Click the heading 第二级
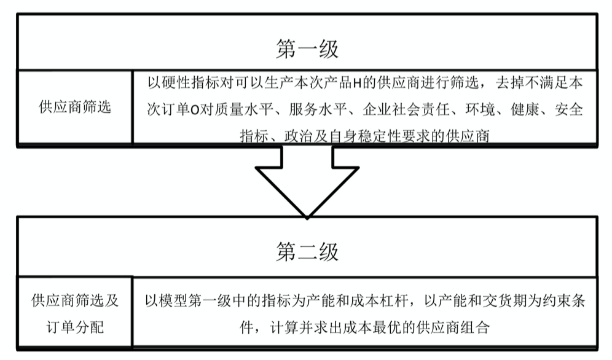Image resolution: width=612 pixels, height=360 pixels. (x=306, y=252)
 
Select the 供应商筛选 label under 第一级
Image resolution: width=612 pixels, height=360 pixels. (x=75, y=106)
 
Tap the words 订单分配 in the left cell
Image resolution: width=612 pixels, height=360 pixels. (x=75, y=327)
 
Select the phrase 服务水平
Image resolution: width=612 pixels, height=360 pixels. (x=320, y=109)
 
